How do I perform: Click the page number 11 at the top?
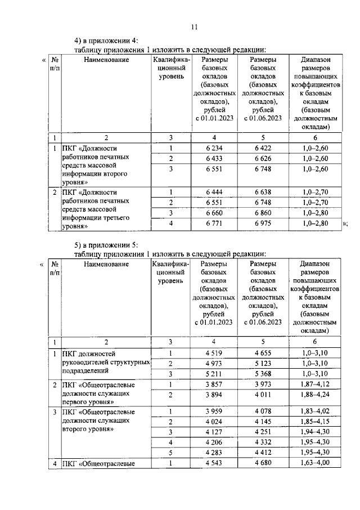pos(195,26)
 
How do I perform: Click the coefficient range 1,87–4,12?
pos(315,384)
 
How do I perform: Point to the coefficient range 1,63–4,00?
pos(315,463)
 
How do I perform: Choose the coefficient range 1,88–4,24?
pos(315,395)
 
